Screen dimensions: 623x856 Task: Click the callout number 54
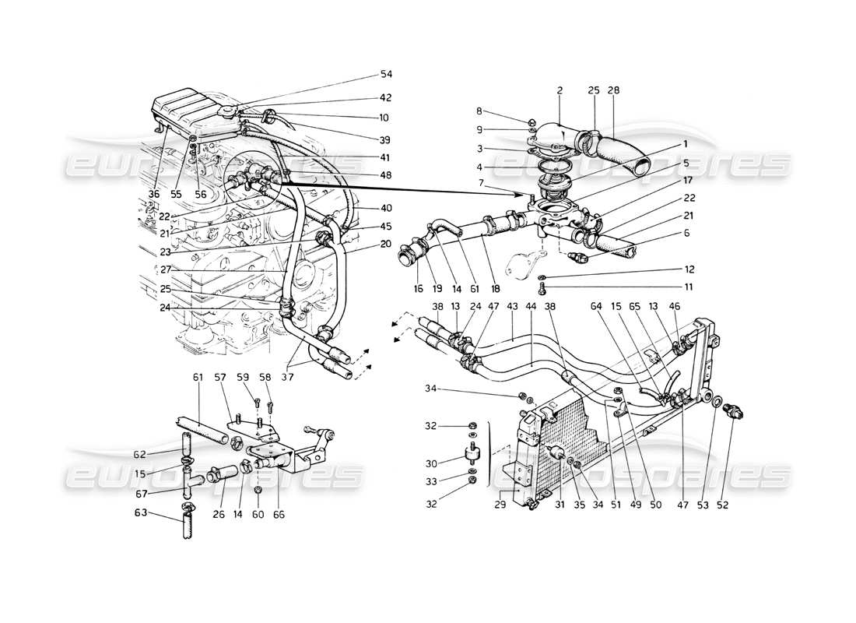[386, 74]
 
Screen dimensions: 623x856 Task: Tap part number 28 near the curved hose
[613, 91]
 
